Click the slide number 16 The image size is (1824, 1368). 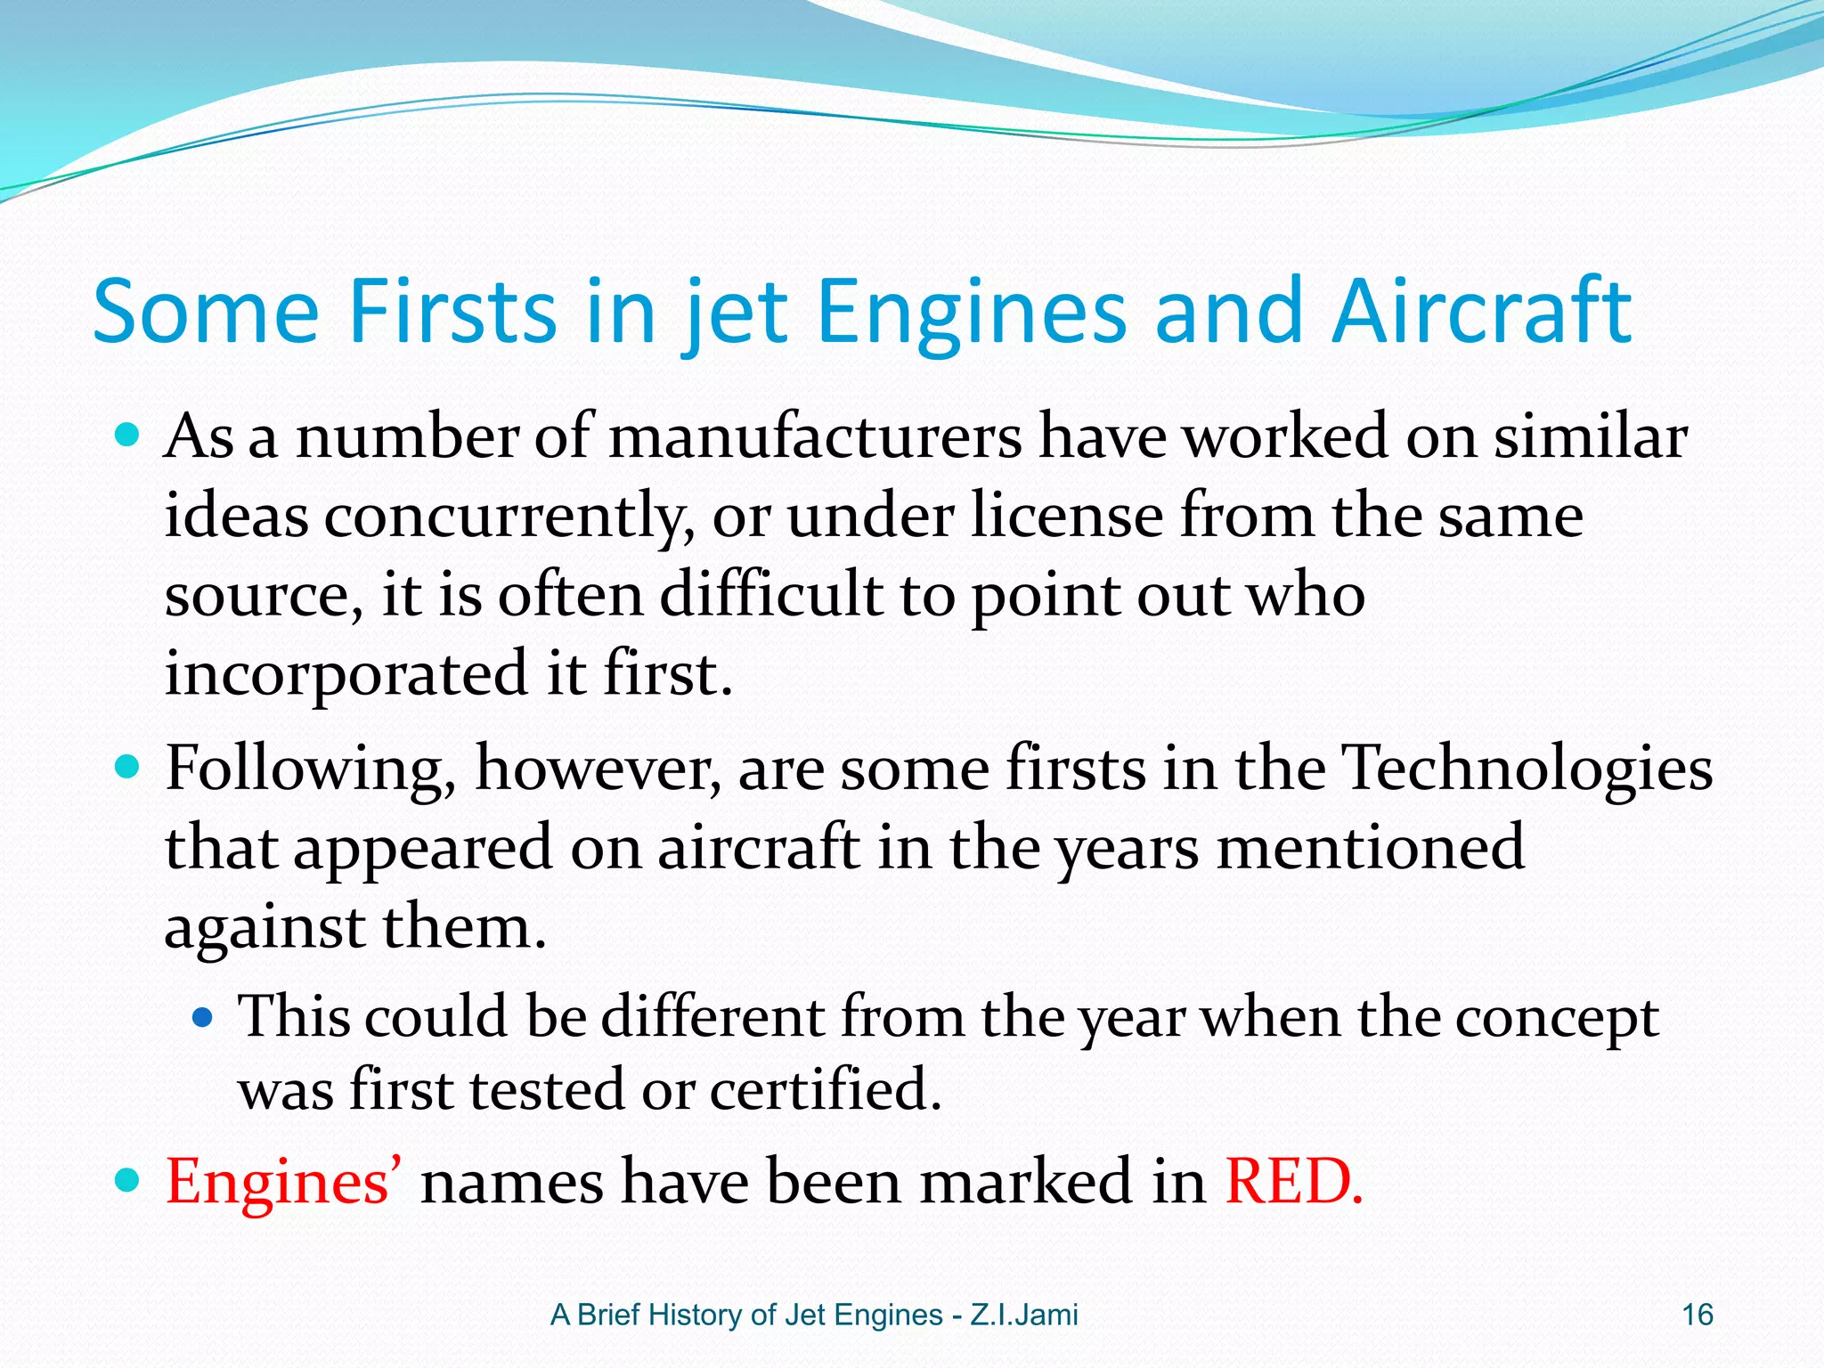pos(1698,1315)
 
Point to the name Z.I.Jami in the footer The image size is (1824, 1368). pos(1023,1315)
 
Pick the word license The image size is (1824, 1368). pos(1066,517)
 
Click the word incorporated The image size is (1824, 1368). pos(346,674)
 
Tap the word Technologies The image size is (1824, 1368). pos(1527,769)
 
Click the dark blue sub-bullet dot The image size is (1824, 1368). pos(204,1016)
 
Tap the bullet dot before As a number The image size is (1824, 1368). pos(128,436)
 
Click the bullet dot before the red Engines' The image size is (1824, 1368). pos(128,1181)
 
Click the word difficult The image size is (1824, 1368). pos(769,595)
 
